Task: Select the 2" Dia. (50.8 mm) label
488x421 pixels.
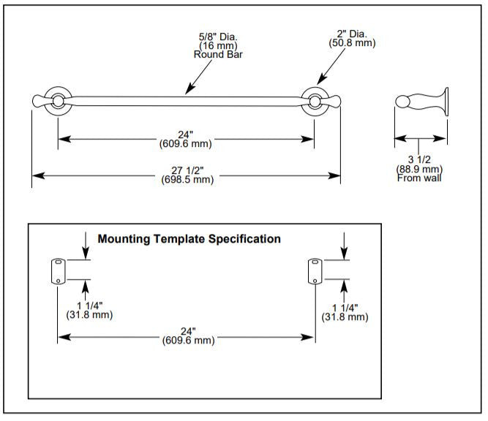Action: (x=351, y=38)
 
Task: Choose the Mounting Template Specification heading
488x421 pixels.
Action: (x=189, y=239)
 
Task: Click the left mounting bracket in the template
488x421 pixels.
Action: (x=57, y=271)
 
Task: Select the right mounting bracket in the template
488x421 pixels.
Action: (x=315, y=271)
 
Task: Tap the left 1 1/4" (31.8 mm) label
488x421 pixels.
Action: (x=90, y=311)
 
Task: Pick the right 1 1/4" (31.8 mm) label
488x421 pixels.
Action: (x=345, y=311)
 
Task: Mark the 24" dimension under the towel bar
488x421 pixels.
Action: (x=185, y=138)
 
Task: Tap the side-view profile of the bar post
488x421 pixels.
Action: (x=421, y=102)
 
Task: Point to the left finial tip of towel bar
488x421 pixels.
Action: (x=36, y=99)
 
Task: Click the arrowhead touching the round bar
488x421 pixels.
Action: (x=188, y=91)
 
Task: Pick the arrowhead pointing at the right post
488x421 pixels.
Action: (x=320, y=83)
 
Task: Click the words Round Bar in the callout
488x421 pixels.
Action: (x=213, y=54)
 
